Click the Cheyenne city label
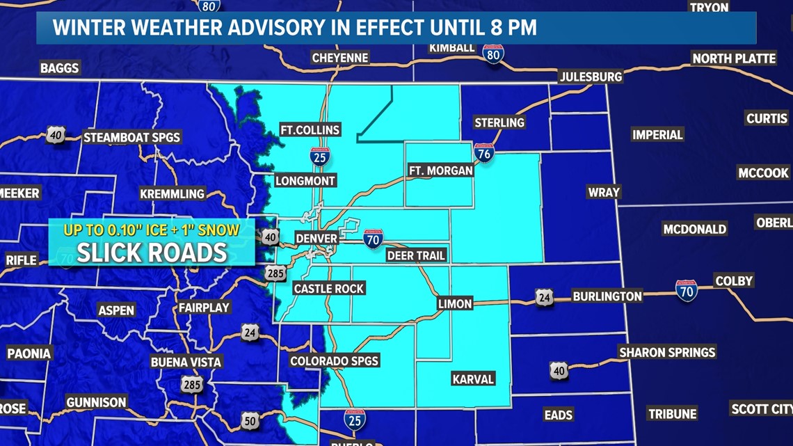pos(339,58)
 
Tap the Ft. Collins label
pos(310,129)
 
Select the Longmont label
pos(305,181)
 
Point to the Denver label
pos(317,239)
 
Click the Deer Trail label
pos(416,255)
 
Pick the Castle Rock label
pos(329,288)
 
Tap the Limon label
pos(455,303)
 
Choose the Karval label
pos(473,379)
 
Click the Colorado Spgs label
pos(335,360)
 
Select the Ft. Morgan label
pos(441,170)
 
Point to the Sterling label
pos(499,122)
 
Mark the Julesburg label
pos(591,77)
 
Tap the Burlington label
pos(607,296)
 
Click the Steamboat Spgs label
pos(132,137)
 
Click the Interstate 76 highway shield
pos(484,152)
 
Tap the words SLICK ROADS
pos(152,253)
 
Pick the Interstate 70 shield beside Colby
pos(686,290)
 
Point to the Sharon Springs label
pos(667,353)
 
